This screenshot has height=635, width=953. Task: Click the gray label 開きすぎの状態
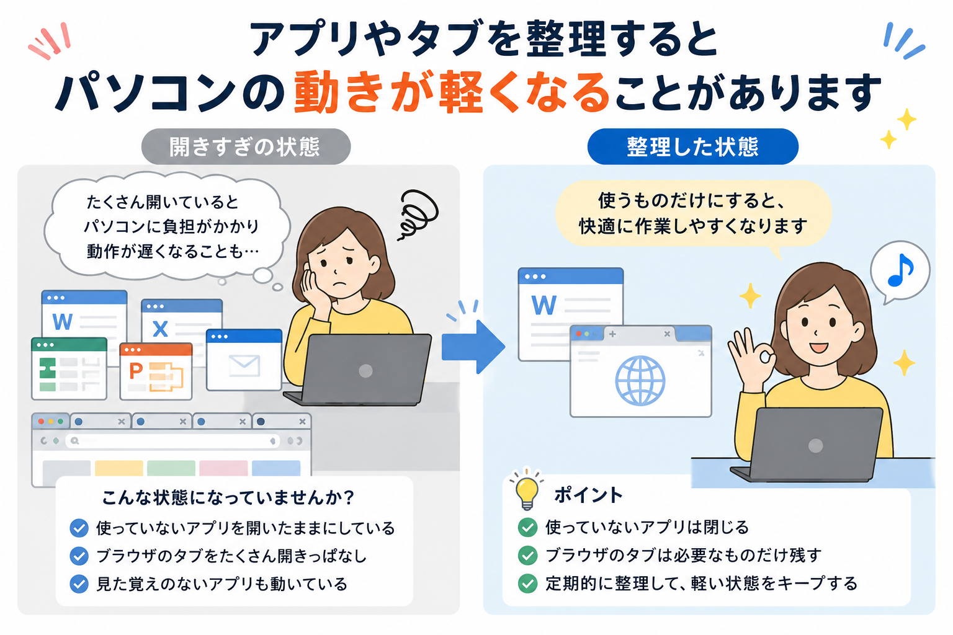coord(246,147)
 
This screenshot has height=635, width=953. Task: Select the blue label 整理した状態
coord(692,147)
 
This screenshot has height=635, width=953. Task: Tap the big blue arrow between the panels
coord(473,347)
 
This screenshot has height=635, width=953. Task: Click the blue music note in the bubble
coord(900,270)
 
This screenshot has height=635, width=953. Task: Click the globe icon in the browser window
coord(640,380)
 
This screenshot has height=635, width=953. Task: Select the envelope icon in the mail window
coord(244,366)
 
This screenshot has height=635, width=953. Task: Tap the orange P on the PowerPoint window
coord(136,371)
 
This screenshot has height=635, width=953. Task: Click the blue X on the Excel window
coord(160,329)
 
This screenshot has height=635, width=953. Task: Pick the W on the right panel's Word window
coord(544,305)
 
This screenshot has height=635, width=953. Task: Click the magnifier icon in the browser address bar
coord(75,441)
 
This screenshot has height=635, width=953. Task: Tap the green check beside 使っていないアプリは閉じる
coord(527,527)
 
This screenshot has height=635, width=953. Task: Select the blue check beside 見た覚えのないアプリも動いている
coord(79,584)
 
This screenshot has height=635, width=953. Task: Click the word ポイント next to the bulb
coord(588,495)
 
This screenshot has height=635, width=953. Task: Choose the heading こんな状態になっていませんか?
coord(228,497)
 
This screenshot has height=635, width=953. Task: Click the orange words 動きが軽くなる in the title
coord(452,92)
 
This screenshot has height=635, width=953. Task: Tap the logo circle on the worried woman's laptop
coord(365,371)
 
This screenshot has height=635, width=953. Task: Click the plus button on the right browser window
coord(612,334)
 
